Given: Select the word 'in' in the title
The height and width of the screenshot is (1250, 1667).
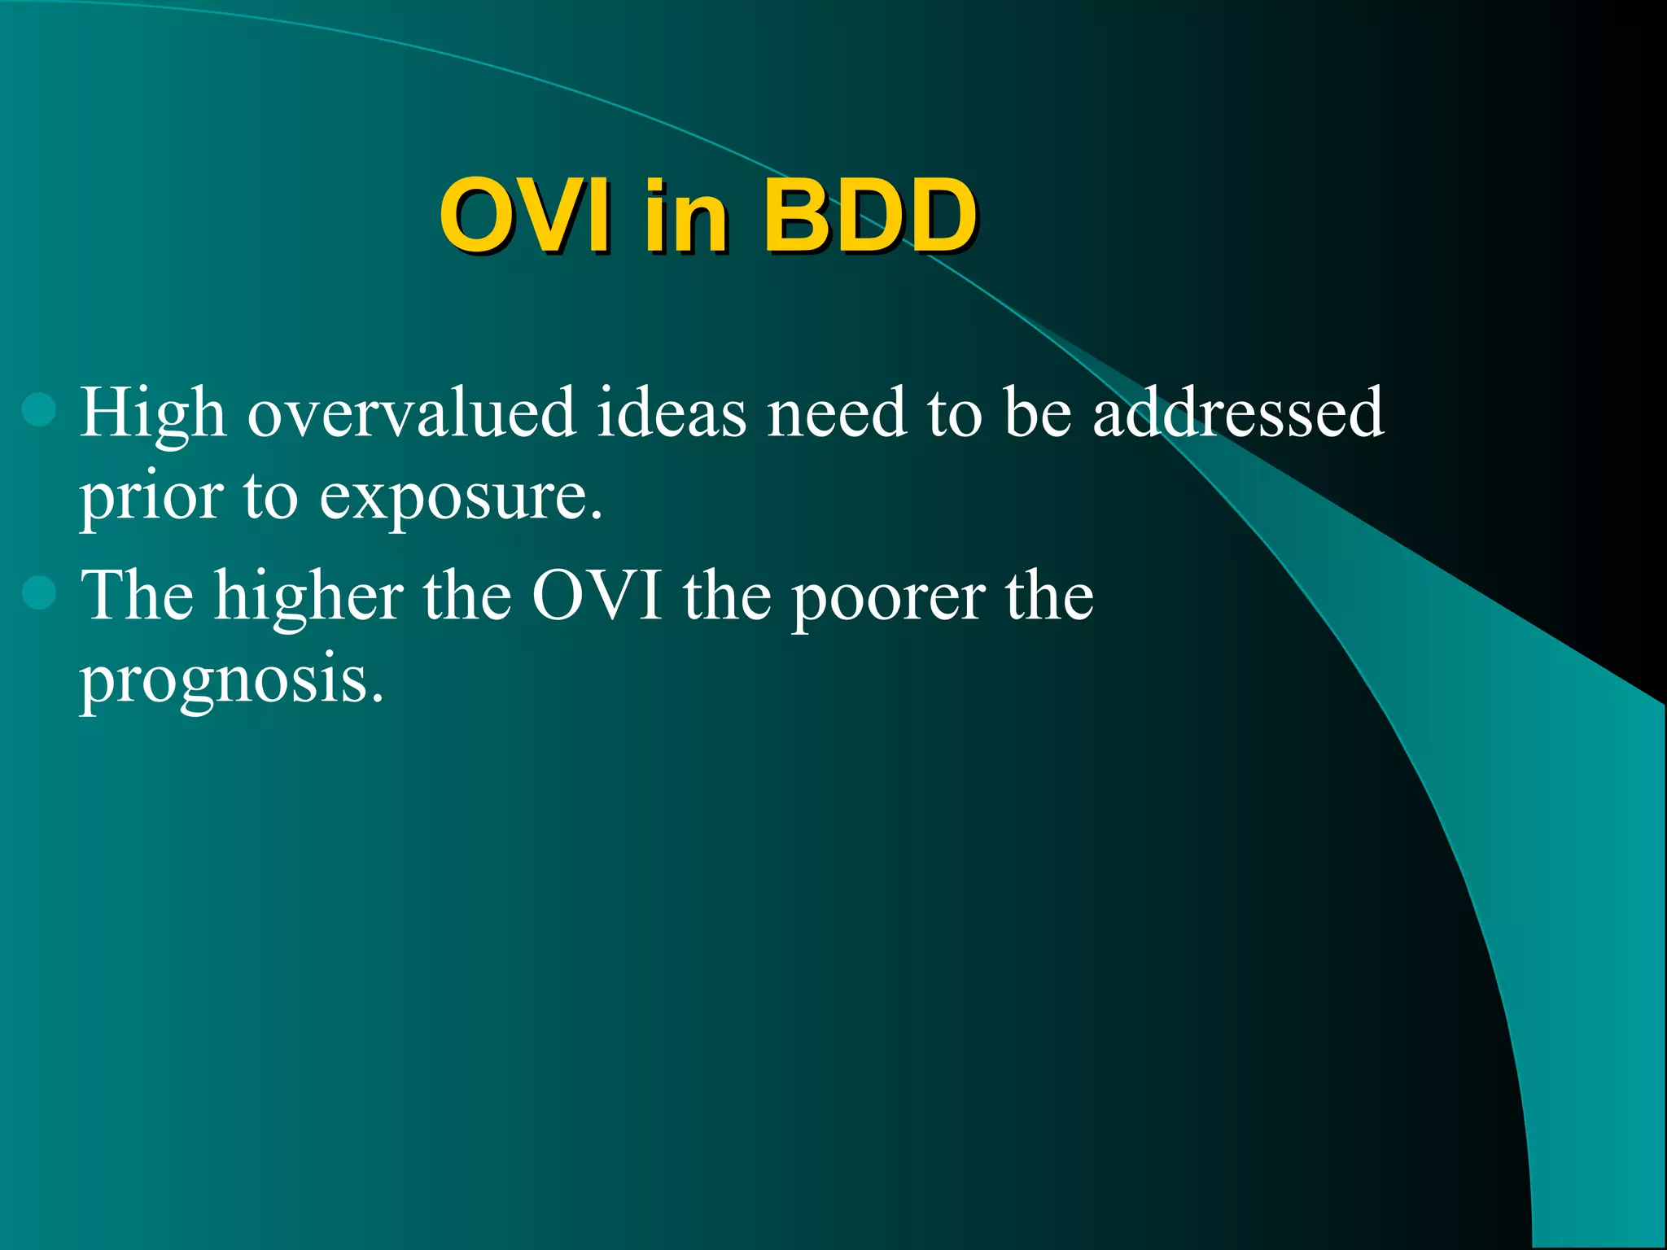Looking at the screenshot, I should pyautogui.click(x=684, y=216).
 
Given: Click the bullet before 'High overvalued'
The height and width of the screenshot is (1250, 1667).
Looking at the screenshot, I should pyautogui.click(x=39, y=409).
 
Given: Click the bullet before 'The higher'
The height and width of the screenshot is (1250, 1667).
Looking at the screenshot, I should pyautogui.click(x=39, y=592).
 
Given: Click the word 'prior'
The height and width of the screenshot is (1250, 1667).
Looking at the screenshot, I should pyautogui.click(x=151, y=498).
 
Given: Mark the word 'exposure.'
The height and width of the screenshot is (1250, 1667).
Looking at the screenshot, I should pyautogui.click(x=461, y=498).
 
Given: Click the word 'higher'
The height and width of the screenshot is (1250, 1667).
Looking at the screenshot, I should pyautogui.click(x=309, y=597).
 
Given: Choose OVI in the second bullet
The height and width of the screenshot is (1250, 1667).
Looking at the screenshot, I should pyautogui.click(x=597, y=596).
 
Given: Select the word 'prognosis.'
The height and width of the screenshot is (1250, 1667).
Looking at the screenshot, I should pyautogui.click(x=231, y=682).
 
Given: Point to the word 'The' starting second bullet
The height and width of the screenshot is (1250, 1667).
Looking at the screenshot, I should pyautogui.click(x=138, y=596).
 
